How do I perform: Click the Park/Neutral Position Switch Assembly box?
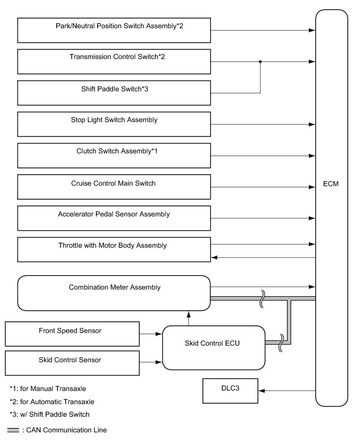[114, 30]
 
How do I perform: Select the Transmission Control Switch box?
[114, 62]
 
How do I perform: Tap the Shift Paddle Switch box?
[114, 93]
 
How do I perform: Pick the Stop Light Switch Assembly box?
[114, 124]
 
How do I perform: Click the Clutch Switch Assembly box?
[114, 155]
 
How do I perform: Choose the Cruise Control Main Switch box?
[114, 187]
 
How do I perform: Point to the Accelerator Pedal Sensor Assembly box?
[114, 218]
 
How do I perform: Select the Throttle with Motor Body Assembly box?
[114, 250]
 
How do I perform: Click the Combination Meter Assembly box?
[114, 293]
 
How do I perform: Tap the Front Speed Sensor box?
[72, 334]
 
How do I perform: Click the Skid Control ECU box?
[214, 348]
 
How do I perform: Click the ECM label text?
[331, 184]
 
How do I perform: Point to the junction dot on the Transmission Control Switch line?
[260, 62]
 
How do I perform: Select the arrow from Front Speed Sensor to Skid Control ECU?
[158, 334]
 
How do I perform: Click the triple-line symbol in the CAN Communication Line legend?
[14, 430]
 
